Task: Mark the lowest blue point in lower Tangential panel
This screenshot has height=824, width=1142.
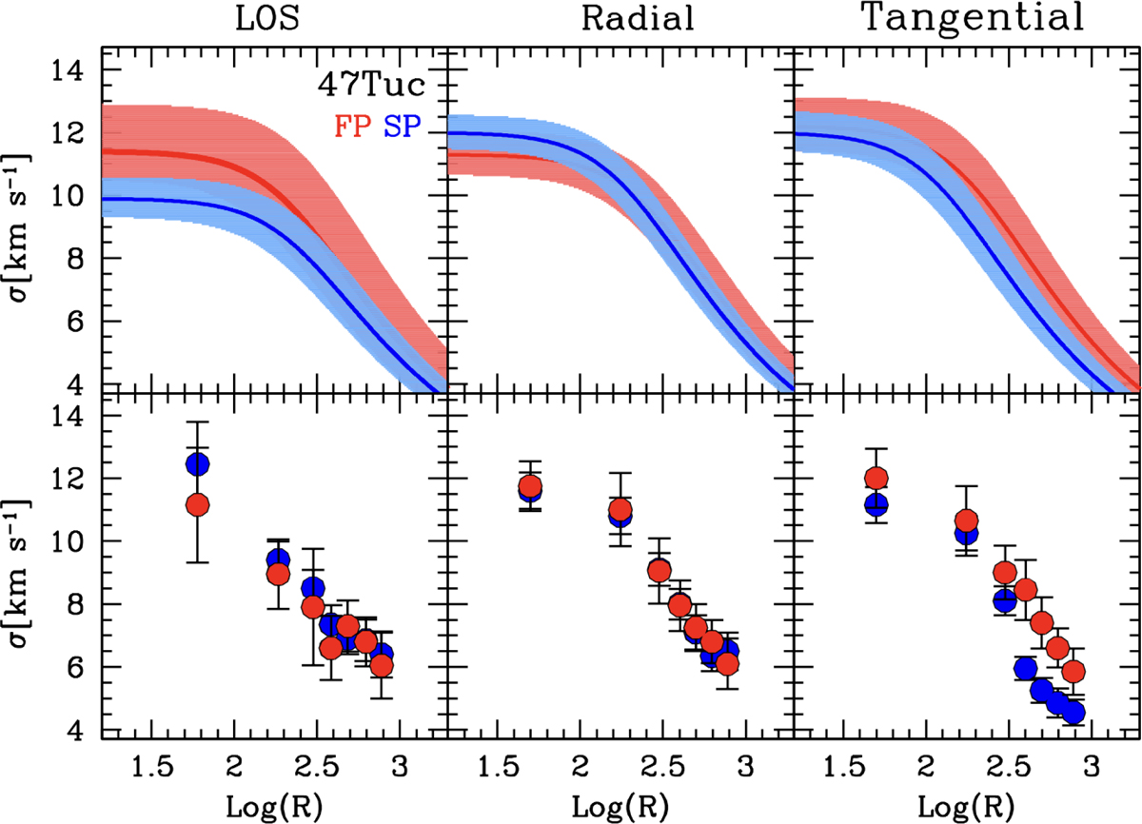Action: pos(1073,713)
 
